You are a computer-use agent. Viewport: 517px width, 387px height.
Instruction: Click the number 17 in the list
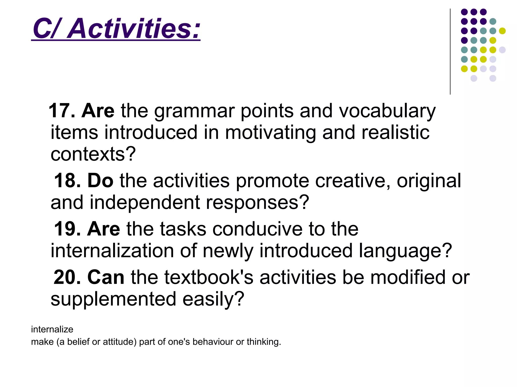pos(59,111)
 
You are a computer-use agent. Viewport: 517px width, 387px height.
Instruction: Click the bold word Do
pos(100,181)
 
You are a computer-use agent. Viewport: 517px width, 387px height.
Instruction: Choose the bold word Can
pos(106,277)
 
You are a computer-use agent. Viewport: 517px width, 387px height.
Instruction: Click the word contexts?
pos(93,154)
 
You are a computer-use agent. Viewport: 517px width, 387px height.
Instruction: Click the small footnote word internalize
pos(52,329)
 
